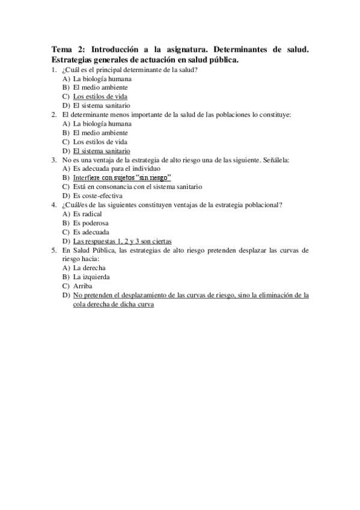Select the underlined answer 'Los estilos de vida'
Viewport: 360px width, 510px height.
100,96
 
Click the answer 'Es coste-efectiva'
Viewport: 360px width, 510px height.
97,195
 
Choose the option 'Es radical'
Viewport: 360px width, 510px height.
87,214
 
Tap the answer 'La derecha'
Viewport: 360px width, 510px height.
90,268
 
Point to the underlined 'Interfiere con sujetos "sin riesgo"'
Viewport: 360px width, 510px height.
122,177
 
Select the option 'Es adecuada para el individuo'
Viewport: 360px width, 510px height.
112,168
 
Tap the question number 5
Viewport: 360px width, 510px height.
55,250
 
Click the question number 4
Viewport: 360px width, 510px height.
55,204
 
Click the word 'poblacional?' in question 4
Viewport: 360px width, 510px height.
263,204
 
